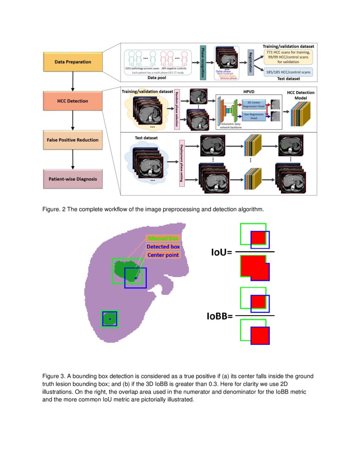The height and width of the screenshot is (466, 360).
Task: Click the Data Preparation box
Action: pyautogui.click(x=73, y=62)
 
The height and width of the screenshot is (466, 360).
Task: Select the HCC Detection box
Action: pyautogui.click(x=73, y=101)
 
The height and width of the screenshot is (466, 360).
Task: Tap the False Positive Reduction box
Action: pyautogui.click(x=73, y=140)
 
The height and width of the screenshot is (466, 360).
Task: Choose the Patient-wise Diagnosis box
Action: pyautogui.click(x=73, y=179)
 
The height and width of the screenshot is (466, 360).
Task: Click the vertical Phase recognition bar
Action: pyautogui.click(x=203, y=62)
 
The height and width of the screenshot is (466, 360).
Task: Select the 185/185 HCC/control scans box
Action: pyautogui.click(x=288, y=72)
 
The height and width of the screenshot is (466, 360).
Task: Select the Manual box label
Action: pyautogui.click(x=163, y=239)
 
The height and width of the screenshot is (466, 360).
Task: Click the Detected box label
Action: pyautogui.click(x=163, y=247)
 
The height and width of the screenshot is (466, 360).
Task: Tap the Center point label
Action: pyautogui.click(x=163, y=255)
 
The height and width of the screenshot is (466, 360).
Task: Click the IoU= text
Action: pyautogui.click(x=222, y=253)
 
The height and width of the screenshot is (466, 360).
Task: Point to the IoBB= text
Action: pyautogui.click(x=219, y=316)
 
